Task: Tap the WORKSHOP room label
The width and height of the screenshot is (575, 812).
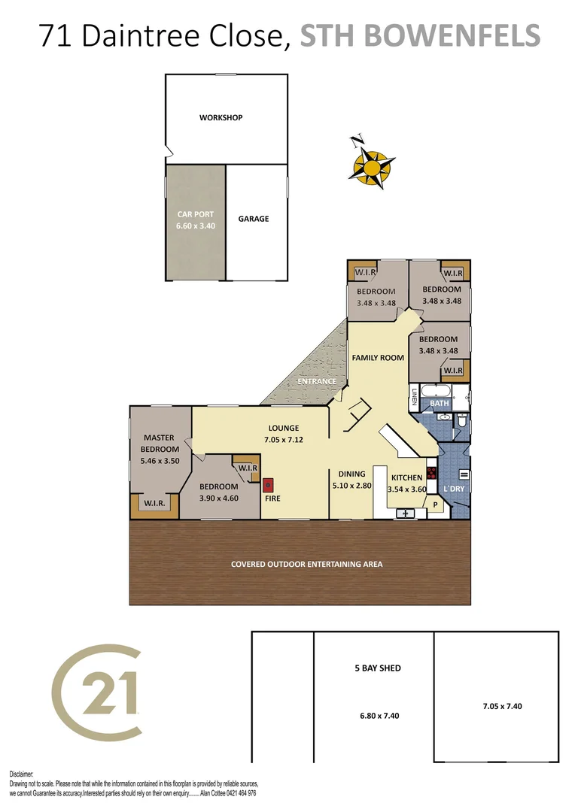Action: pos(221,117)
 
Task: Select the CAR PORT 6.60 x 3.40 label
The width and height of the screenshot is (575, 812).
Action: pos(196,220)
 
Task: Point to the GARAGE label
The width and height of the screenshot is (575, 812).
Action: pos(254,219)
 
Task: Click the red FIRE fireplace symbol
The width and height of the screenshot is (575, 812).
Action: pos(268,484)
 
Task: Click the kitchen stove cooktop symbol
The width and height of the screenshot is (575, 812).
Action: pos(432,473)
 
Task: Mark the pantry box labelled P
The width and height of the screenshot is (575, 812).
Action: pos(434,505)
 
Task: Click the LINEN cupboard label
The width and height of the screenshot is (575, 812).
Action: pos(414,397)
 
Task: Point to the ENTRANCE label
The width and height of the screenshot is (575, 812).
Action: pos(316,381)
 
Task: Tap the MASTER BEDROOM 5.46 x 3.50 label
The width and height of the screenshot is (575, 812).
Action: pos(160,450)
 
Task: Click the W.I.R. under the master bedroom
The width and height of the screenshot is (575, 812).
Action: pos(154,503)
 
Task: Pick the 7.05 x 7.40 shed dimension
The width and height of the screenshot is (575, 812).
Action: pos(502,706)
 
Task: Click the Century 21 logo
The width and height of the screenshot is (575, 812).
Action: pos(96,692)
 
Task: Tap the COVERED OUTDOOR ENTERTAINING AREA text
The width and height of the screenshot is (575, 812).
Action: pos(306,564)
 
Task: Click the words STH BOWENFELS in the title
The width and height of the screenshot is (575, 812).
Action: pos(420,35)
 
